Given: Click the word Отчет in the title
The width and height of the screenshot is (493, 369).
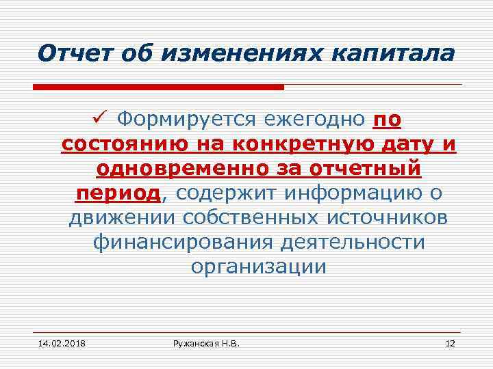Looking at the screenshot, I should coord(68,52).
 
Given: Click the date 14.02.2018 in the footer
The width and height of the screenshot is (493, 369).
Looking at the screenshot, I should coord(58,341).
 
